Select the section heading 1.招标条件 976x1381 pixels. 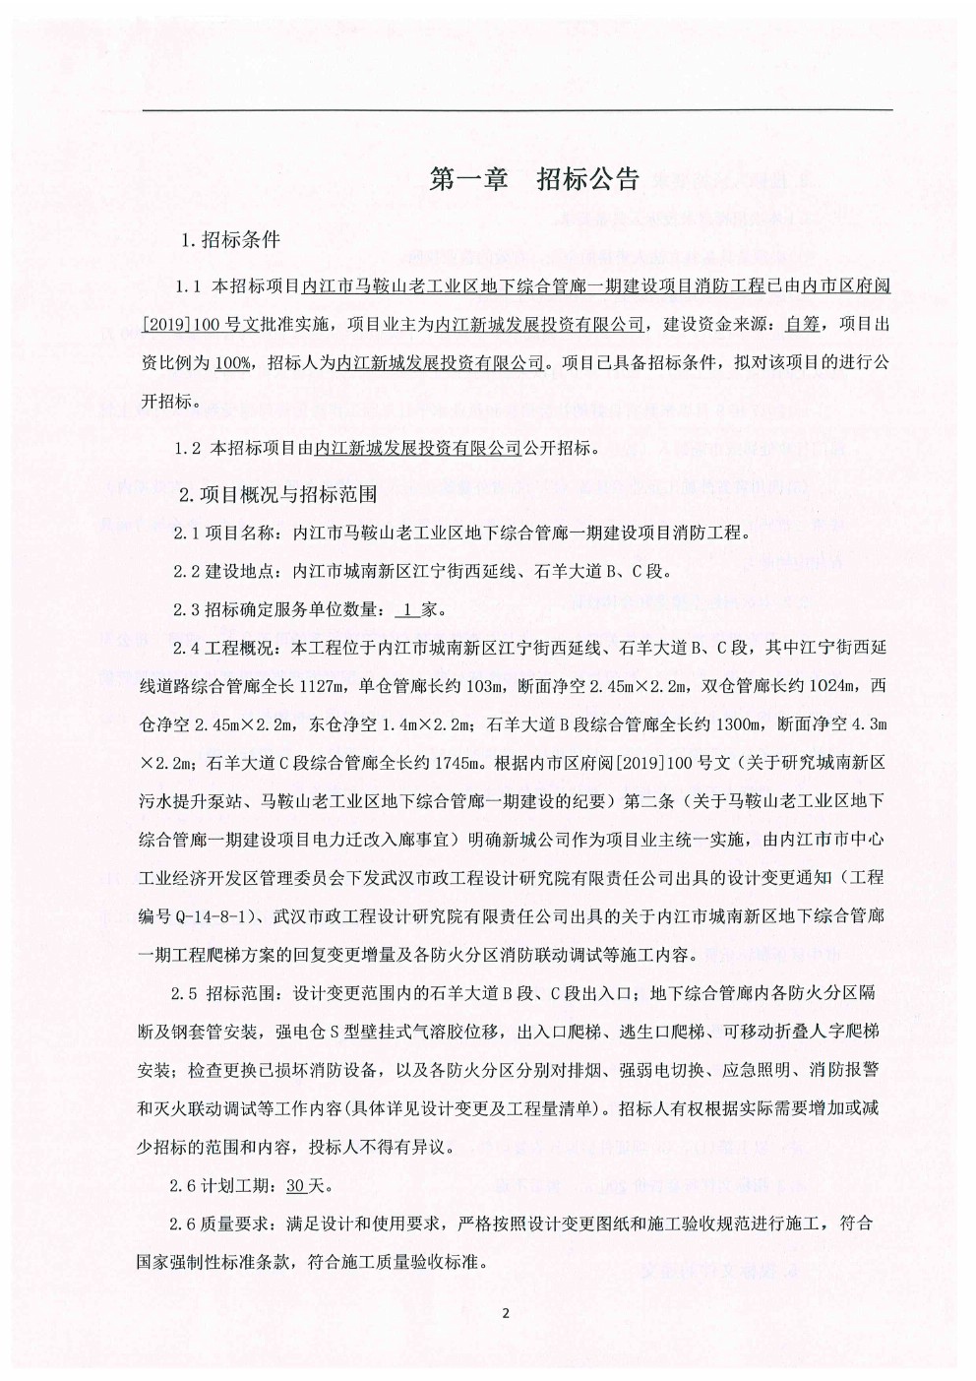pyautogui.click(x=230, y=239)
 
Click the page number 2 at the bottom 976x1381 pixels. pyautogui.click(x=505, y=1313)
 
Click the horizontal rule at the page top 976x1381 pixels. pyautogui.click(x=518, y=109)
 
